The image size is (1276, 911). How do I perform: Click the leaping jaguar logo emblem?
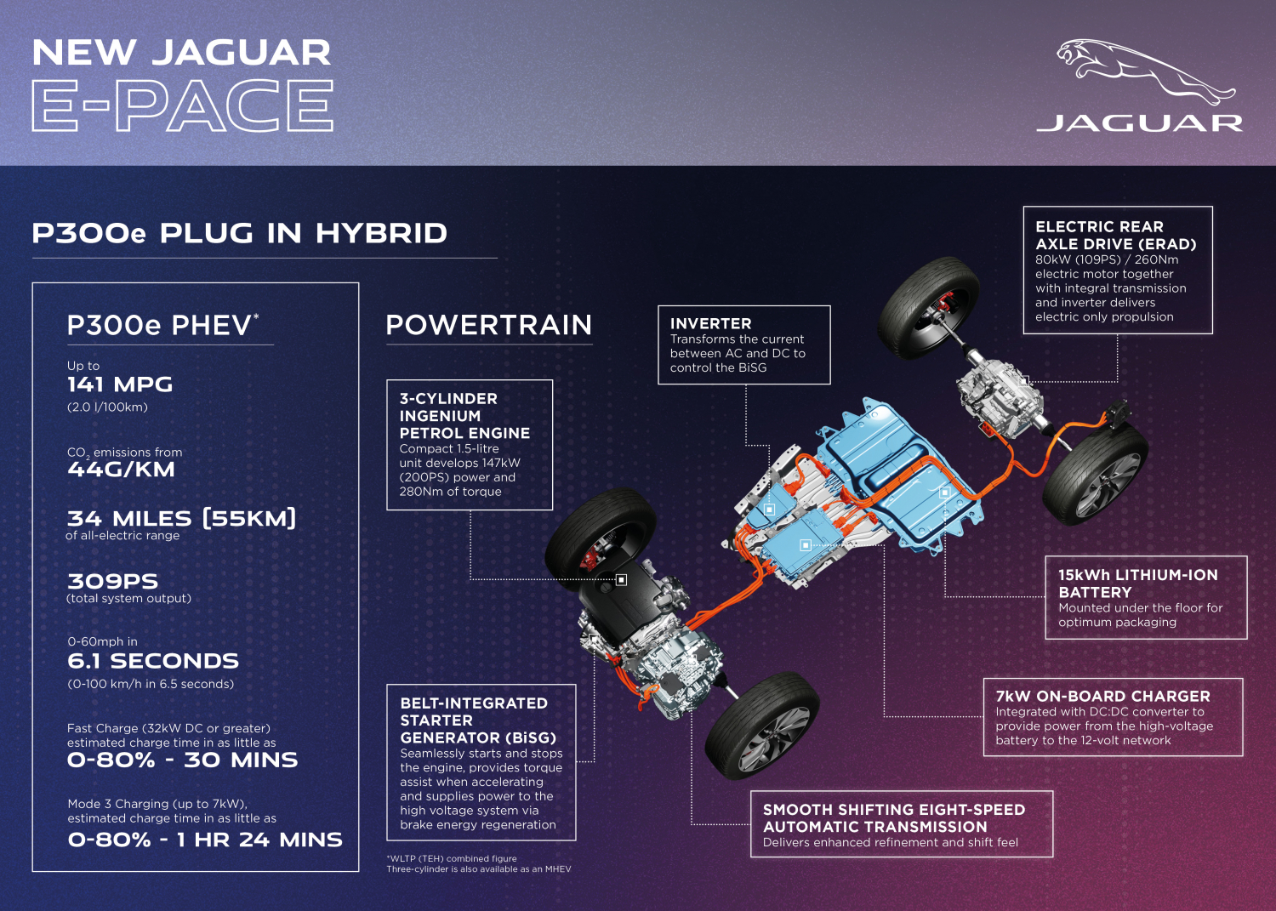click(x=1145, y=71)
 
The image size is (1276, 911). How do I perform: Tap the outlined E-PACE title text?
click(x=182, y=106)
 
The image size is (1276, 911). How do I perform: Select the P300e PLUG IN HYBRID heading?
click(x=239, y=233)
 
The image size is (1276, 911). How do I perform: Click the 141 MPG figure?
click(x=120, y=384)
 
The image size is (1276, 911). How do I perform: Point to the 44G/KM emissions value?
click(x=121, y=470)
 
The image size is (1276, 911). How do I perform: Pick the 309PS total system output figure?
click(x=113, y=581)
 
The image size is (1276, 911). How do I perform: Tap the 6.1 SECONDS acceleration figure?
click(x=152, y=661)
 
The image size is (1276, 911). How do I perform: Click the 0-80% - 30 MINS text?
click(x=182, y=760)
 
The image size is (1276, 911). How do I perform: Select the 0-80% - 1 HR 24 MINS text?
click(x=205, y=840)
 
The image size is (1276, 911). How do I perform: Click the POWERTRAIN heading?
click(x=489, y=325)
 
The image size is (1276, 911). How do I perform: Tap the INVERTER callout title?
click(x=710, y=323)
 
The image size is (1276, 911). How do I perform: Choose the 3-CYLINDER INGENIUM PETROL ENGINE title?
click(x=464, y=416)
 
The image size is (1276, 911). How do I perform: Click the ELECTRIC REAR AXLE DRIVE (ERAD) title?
click(x=1115, y=236)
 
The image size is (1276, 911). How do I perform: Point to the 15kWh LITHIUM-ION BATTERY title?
click(x=1137, y=584)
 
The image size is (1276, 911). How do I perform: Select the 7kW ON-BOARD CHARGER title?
click(x=1102, y=696)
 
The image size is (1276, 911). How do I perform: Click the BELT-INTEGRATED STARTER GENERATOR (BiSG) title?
click(x=477, y=720)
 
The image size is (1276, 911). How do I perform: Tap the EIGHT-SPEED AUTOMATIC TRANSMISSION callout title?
click(x=894, y=818)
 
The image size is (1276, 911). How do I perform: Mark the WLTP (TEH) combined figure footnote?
click(x=452, y=858)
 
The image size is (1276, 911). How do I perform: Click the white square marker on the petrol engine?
click(x=622, y=579)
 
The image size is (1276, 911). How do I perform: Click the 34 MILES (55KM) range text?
click(x=181, y=519)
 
